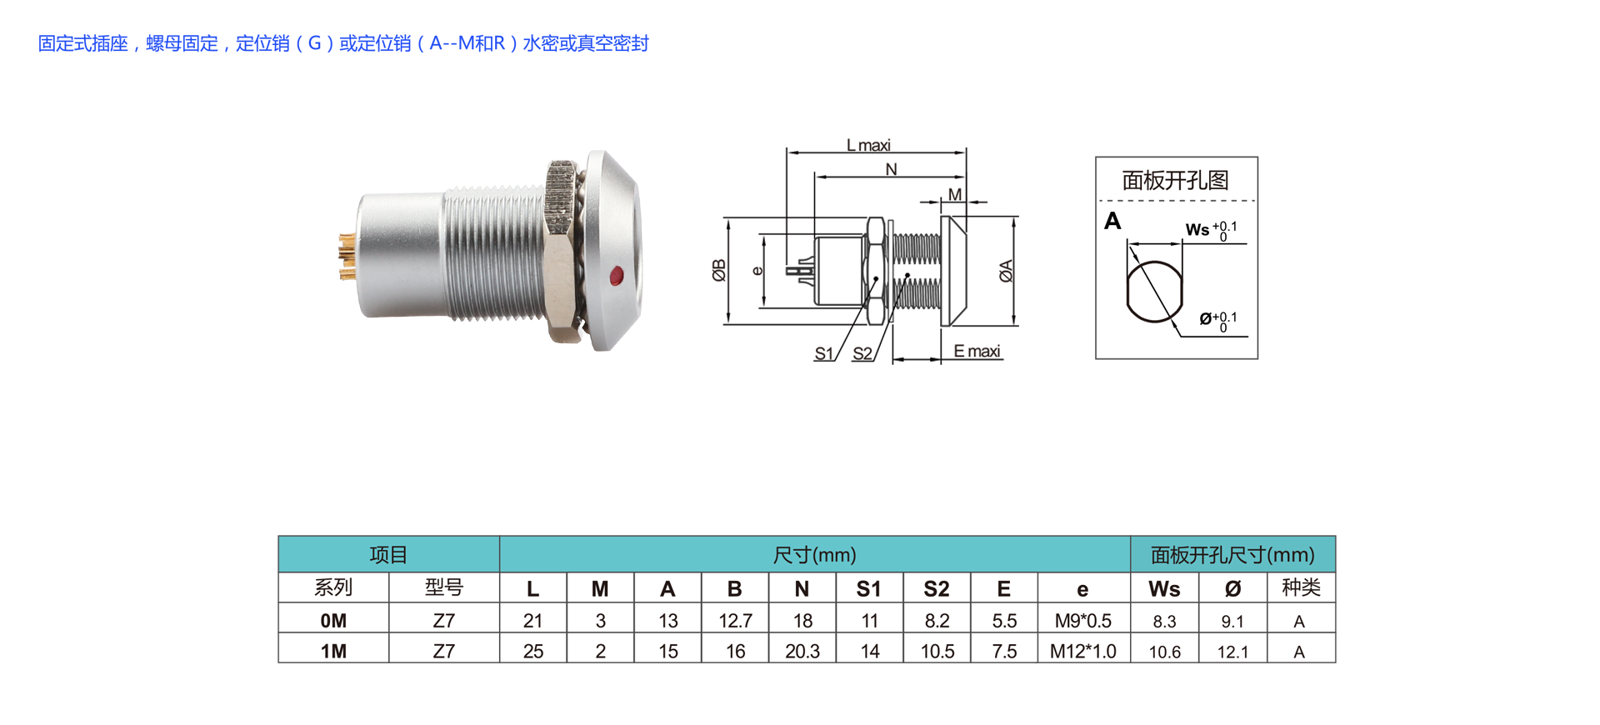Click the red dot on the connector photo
point(617,276)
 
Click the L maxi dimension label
point(868,145)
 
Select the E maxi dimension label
point(977,351)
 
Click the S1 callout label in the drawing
point(823,353)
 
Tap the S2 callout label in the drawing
point(862,353)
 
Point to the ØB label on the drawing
point(719,270)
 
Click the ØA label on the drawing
point(1006,271)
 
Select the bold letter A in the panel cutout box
point(1112,221)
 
